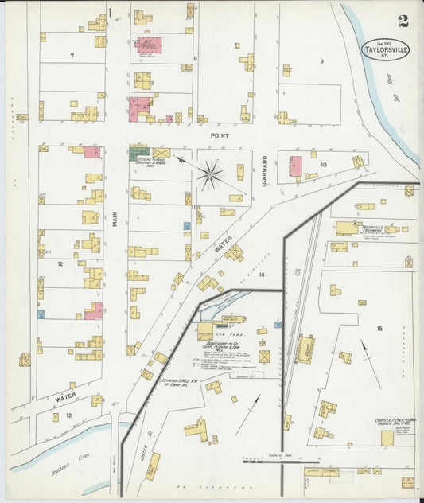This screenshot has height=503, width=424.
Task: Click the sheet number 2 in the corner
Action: click(403, 21)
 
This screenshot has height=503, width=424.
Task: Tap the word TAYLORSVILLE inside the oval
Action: click(387, 49)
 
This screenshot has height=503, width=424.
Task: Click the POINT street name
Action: click(220, 136)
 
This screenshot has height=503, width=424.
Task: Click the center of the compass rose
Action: click(211, 174)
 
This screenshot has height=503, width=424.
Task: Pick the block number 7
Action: click(72, 55)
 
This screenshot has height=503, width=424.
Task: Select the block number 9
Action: click(322, 60)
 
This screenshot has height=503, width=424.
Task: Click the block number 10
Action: click(324, 165)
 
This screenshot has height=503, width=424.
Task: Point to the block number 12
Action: click(60, 262)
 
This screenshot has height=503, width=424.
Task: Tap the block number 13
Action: click(69, 415)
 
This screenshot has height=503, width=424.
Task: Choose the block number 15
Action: click(379, 328)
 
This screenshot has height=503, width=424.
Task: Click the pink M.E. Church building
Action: click(149, 45)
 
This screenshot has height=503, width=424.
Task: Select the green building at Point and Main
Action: click(138, 150)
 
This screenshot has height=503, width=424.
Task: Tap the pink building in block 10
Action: click(295, 166)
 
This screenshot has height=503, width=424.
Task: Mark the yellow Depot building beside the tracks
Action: click(304, 348)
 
